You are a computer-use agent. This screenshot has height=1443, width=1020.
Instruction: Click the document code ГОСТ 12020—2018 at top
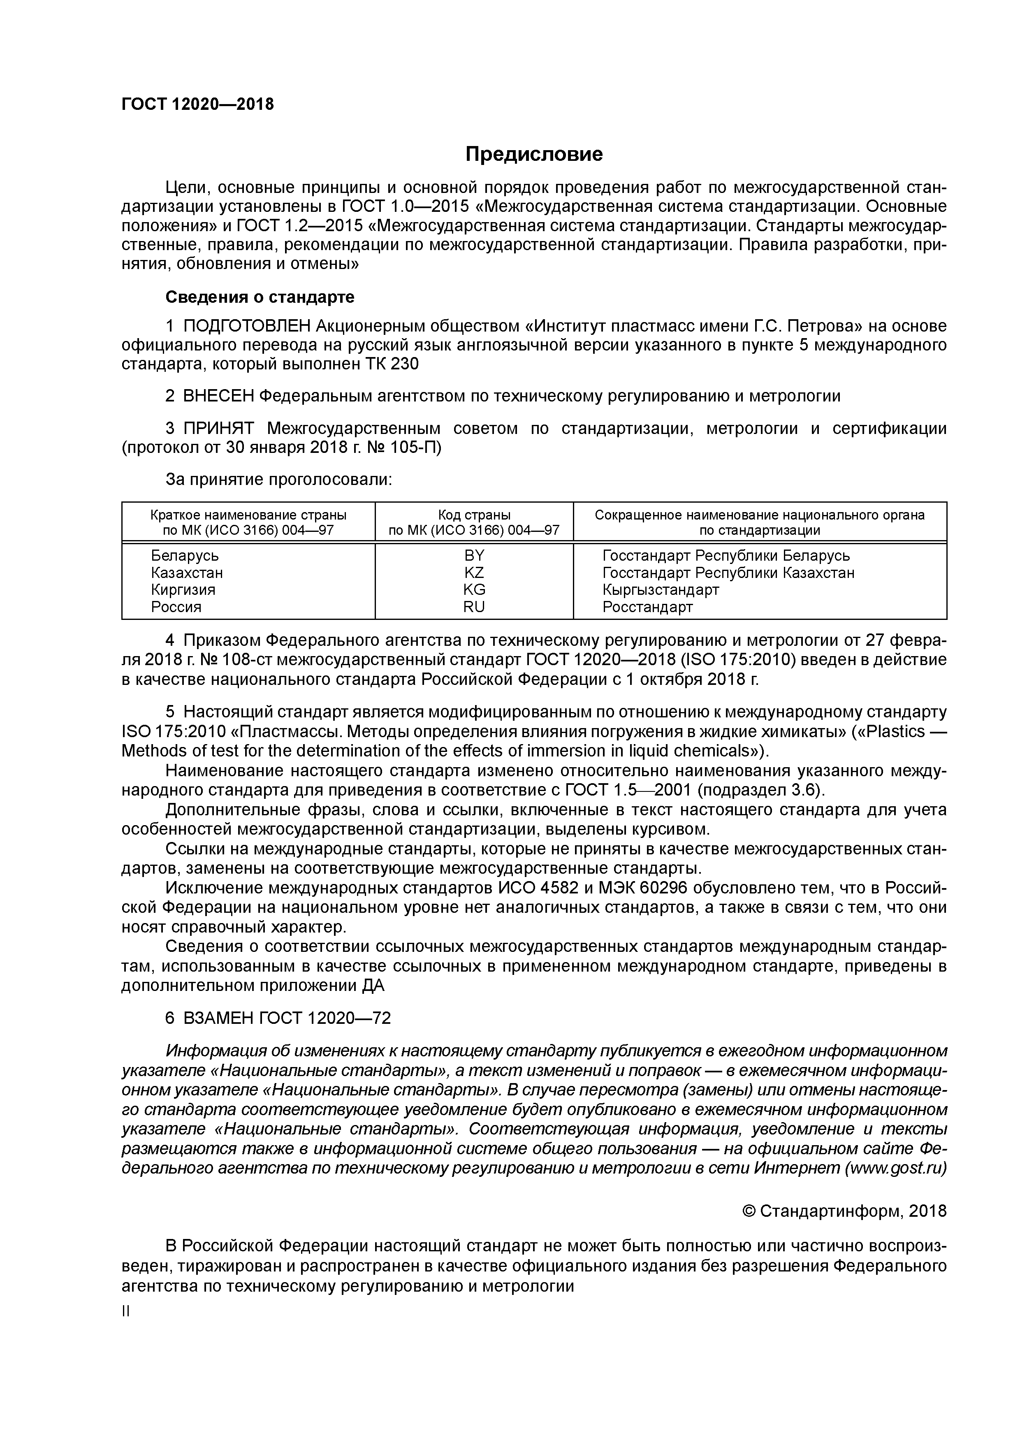[x=197, y=104]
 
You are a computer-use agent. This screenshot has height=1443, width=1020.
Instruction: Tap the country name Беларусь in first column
[x=185, y=556]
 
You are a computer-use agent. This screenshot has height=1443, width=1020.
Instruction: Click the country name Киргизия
[x=183, y=589]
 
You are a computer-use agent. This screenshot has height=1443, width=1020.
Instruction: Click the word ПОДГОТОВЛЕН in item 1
[x=246, y=326]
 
